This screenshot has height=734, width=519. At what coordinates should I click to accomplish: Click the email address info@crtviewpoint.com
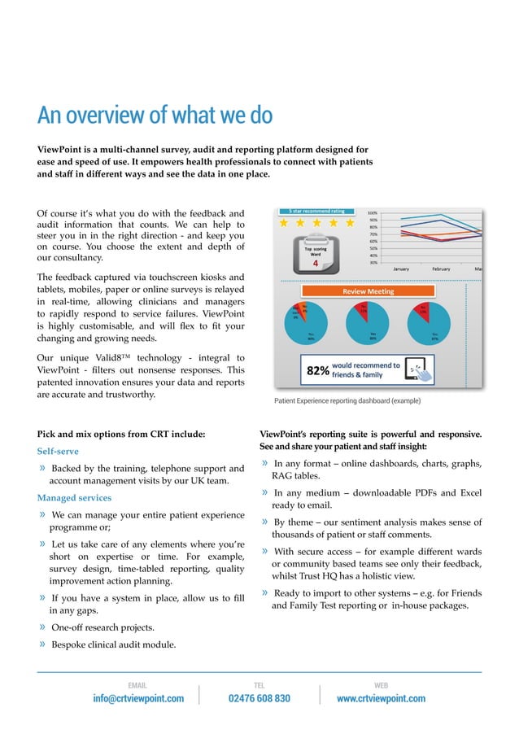(137, 698)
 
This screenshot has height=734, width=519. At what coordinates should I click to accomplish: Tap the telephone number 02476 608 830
(259, 698)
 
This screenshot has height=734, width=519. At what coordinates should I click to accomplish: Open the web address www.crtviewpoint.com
(381, 698)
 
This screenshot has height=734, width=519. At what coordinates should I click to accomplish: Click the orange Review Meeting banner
(368, 291)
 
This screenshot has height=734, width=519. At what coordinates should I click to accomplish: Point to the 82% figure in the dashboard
(316, 371)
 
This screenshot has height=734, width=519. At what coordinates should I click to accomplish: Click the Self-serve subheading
(58, 450)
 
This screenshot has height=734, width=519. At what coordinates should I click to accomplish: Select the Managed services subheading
(74, 497)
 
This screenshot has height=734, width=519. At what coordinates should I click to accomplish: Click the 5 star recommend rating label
(316, 210)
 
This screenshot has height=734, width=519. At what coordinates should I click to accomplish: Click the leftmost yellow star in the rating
(285, 224)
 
